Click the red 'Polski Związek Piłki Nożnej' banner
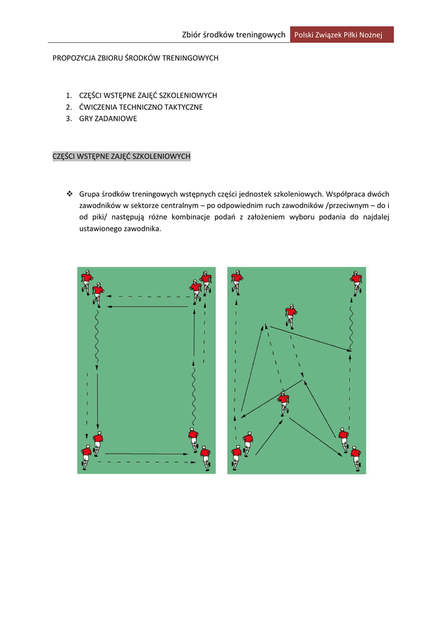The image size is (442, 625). [x=341, y=35]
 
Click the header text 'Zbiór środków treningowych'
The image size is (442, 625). [x=234, y=35]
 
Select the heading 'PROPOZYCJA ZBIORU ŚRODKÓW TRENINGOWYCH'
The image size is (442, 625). [x=136, y=59]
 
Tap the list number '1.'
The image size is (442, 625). [x=69, y=96]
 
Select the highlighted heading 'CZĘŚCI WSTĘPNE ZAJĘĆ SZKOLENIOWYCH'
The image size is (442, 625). [x=121, y=157]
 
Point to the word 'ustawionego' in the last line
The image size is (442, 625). [x=100, y=229]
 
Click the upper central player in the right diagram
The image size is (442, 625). [x=291, y=315]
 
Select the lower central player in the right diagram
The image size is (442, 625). [x=283, y=402]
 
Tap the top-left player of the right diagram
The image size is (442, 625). [x=237, y=282]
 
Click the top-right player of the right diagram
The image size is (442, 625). [x=356, y=282]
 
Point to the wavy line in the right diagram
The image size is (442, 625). [x=351, y=326]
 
